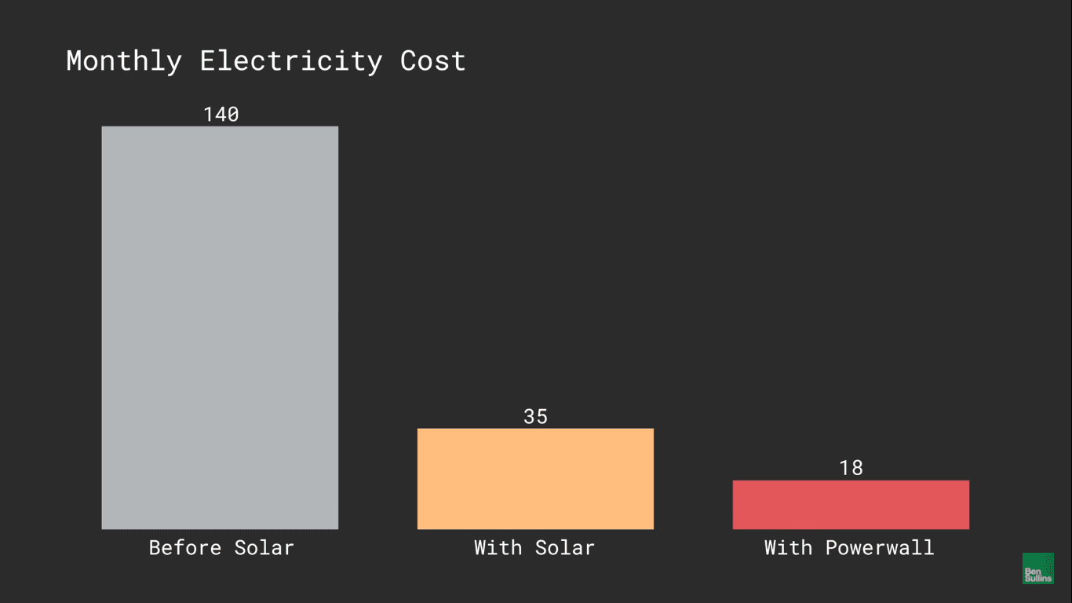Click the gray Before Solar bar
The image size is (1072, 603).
click(x=220, y=327)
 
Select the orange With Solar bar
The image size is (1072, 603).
click(x=535, y=478)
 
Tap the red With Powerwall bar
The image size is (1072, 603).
click(x=851, y=504)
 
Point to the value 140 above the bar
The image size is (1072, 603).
click(x=221, y=115)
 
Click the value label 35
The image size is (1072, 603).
click(x=535, y=417)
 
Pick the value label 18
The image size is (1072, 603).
click(x=851, y=469)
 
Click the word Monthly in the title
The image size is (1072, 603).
click(x=124, y=61)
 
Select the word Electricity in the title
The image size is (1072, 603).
click(x=291, y=61)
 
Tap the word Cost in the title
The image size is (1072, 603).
click(x=432, y=61)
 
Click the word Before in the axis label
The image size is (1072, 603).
click(x=185, y=547)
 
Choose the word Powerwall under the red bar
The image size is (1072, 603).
click(x=880, y=547)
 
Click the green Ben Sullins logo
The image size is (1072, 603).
click(x=1038, y=568)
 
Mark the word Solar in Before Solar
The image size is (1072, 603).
click(x=264, y=547)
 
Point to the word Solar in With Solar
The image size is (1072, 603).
click(x=565, y=547)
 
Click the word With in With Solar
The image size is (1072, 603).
click(x=498, y=547)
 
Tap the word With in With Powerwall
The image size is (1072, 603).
click(x=788, y=547)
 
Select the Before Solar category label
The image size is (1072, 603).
click(x=221, y=547)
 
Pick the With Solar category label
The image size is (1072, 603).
click(x=534, y=547)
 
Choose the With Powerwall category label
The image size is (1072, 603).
click(x=849, y=547)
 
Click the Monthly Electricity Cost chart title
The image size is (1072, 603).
click(x=265, y=61)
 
